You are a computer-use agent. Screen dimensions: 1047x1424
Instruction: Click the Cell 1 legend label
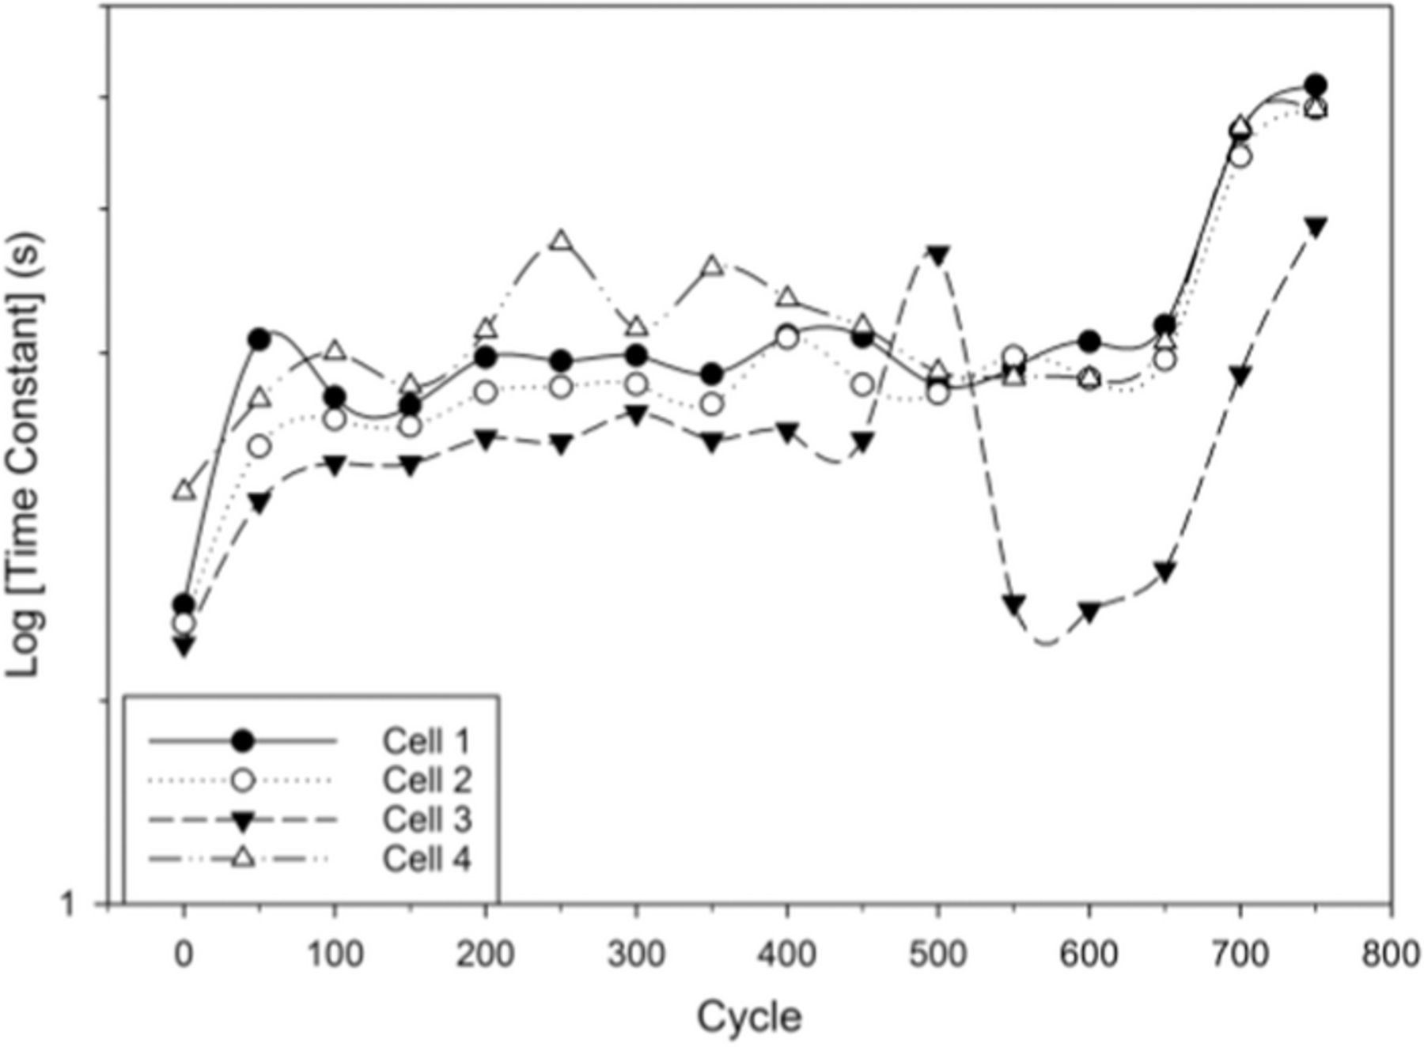coord(426,742)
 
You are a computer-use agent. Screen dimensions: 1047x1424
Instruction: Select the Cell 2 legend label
coord(426,781)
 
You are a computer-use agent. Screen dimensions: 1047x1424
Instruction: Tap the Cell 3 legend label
coord(426,819)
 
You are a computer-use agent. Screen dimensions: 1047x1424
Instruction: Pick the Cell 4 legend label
coord(426,858)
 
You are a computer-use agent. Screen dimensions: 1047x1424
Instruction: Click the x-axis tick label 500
coord(937,954)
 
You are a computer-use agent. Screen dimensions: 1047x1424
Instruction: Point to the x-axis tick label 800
coord(1390,954)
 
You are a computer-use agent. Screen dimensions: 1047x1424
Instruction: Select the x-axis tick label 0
coord(184,954)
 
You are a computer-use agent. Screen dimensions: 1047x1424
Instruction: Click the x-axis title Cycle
coord(748,1017)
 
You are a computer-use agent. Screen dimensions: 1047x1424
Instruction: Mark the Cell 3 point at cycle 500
coord(937,255)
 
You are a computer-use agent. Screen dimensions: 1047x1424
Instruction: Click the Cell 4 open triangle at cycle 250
coord(561,241)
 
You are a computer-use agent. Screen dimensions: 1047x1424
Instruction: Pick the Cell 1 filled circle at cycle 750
coord(1315,85)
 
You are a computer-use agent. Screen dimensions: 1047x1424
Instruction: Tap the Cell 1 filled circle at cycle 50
coord(259,339)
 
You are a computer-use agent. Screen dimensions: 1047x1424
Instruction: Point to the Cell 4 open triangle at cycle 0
coord(184,490)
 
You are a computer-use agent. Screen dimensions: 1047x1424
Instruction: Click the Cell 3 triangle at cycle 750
coord(1315,227)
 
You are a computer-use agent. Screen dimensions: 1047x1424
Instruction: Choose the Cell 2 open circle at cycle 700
coord(1240,157)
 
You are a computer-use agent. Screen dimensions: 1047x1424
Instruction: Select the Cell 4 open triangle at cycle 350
coord(712,266)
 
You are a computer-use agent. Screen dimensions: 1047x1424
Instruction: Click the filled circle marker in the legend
coord(243,741)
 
